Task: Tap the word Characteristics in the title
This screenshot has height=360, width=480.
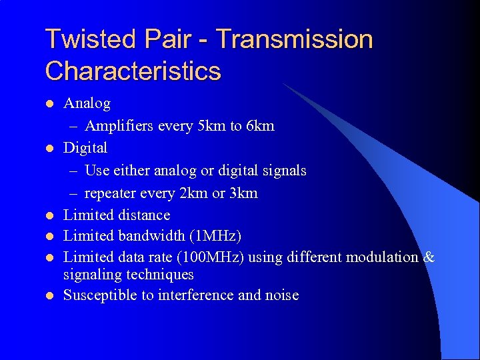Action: pyautogui.click(x=133, y=71)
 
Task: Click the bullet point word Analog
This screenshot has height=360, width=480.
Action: pyautogui.click(x=87, y=103)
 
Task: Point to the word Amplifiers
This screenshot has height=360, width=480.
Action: pyautogui.click(x=121, y=126)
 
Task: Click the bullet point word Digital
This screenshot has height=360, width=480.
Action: pyautogui.click(x=85, y=147)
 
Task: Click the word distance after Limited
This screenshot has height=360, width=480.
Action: pyautogui.click(x=145, y=215)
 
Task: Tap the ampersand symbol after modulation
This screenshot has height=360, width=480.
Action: pyautogui.click(x=429, y=257)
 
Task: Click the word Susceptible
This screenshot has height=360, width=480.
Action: pyautogui.click(x=100, y=295)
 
